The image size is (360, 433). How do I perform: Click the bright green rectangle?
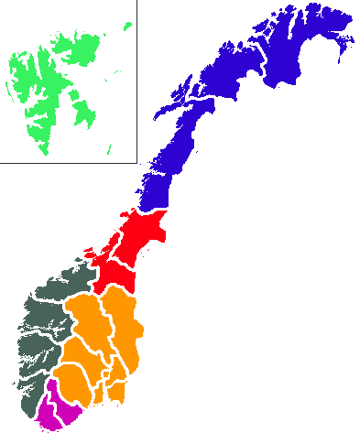click(x=69, y=89)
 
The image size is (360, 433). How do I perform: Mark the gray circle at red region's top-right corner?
click(x=167, y=216)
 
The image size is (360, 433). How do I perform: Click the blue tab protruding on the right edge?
click(x=345, y=37)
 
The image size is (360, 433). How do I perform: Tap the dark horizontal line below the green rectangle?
click(x=69, y=163)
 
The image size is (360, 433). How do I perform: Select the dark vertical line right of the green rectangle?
click(x=136, y=89)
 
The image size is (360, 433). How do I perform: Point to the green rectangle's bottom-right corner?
click(x=131, y=156)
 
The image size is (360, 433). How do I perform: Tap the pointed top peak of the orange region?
click(x=115, y=289)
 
